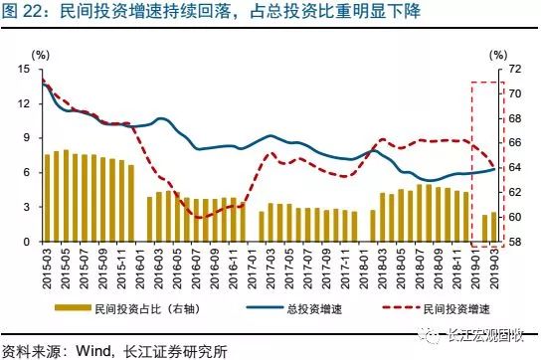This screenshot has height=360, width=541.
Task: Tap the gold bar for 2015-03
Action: [x=47, y=198]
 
